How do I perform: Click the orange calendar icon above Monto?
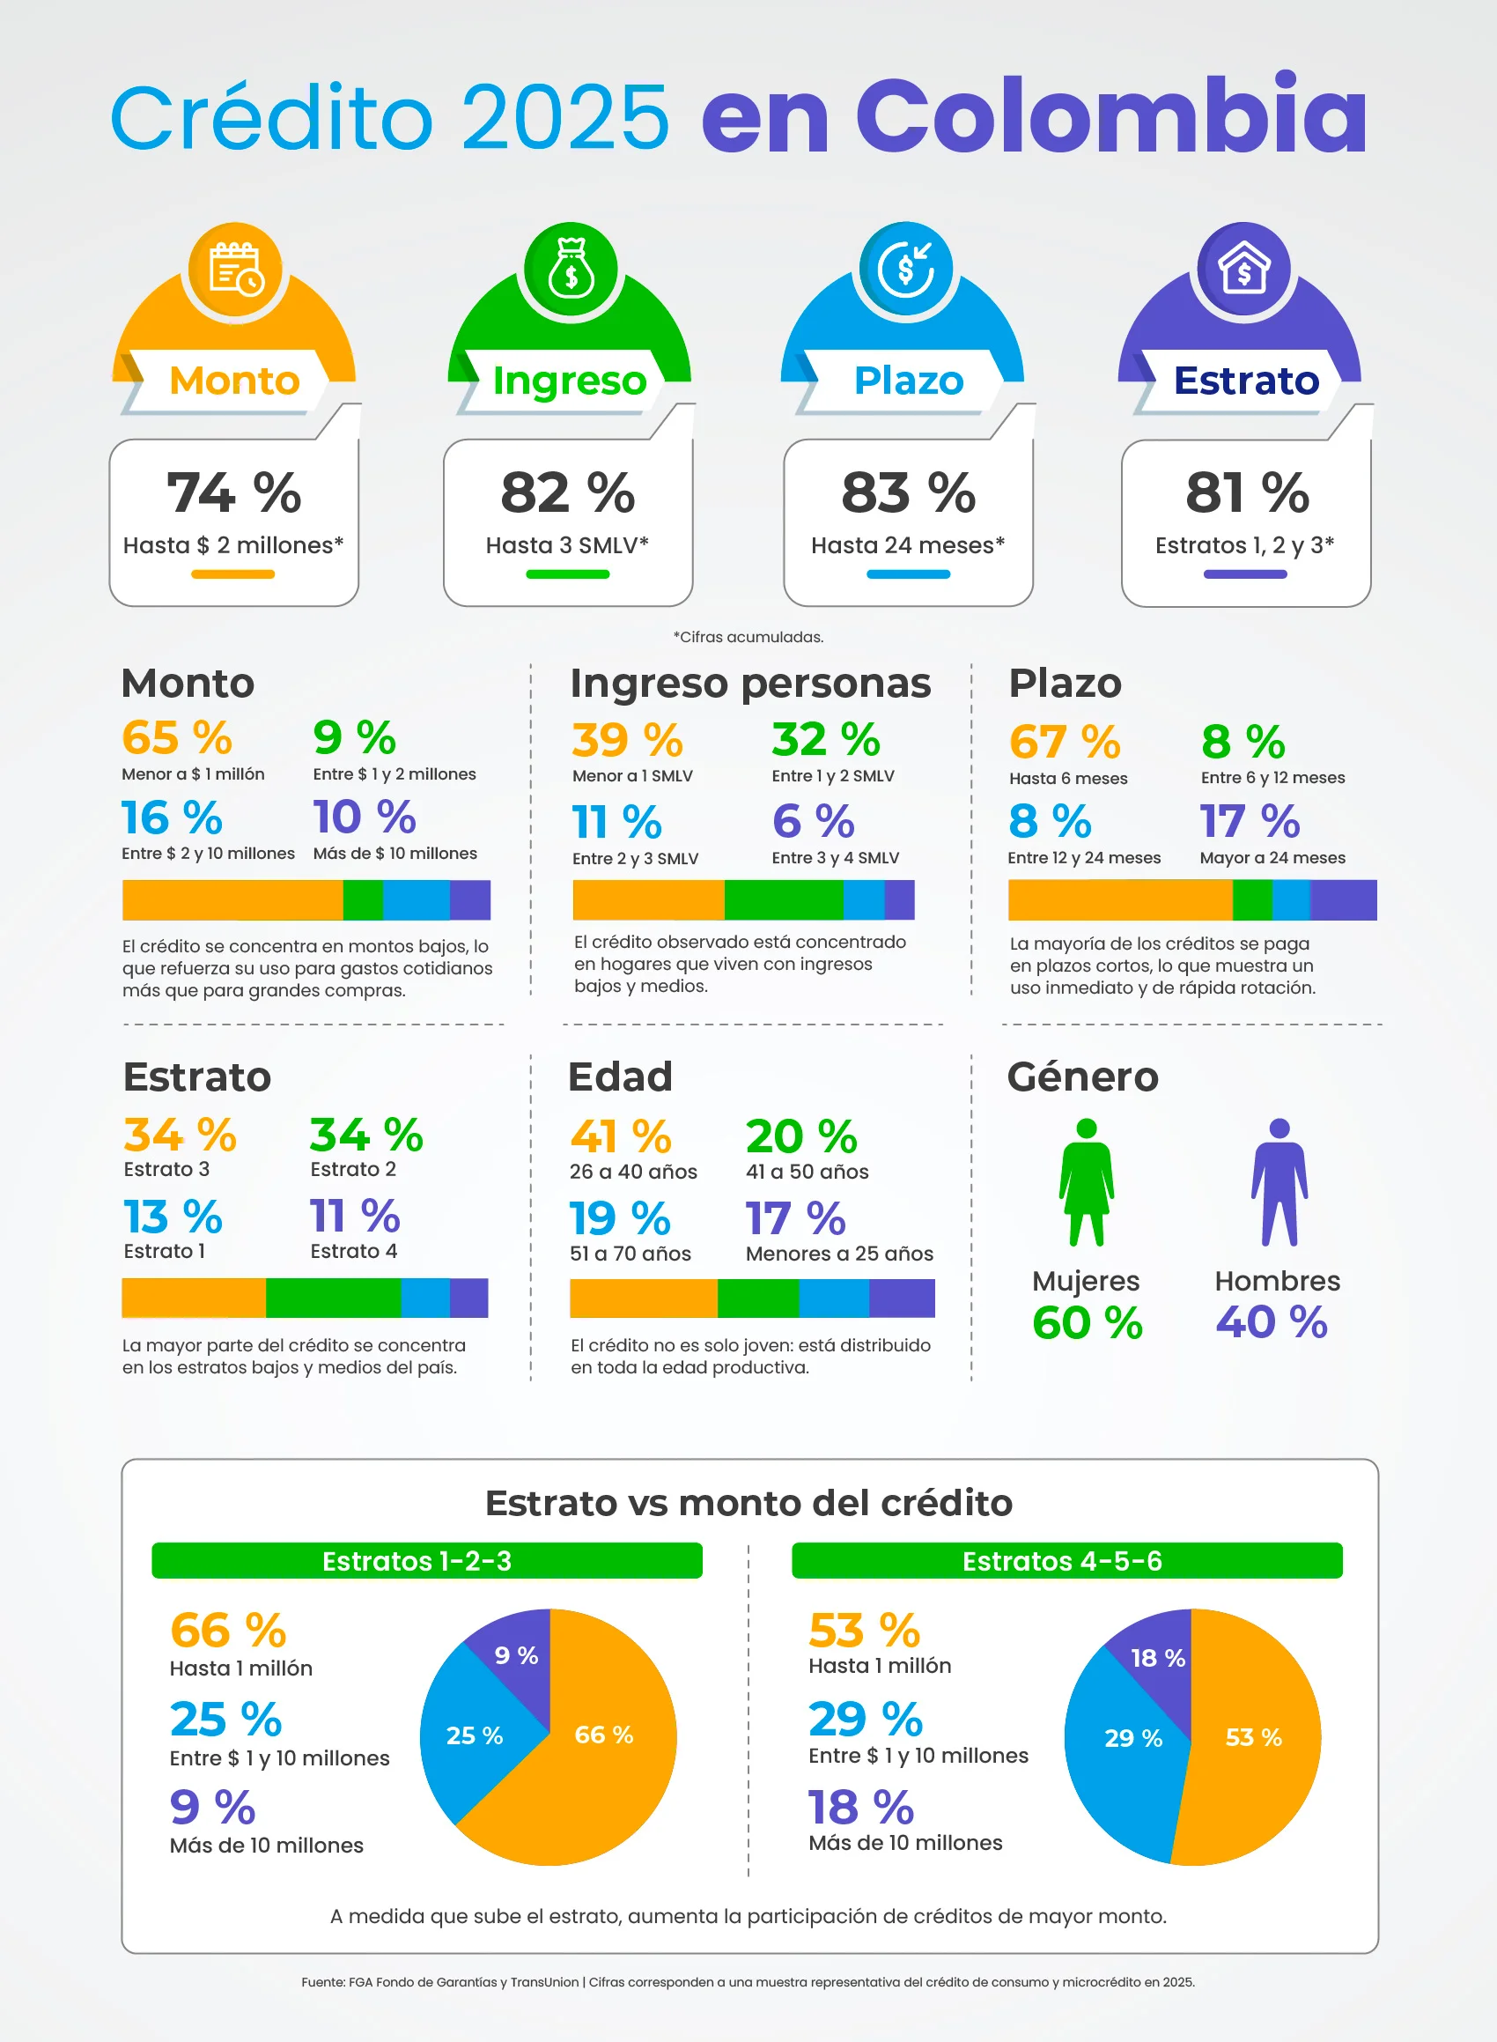[236, 270]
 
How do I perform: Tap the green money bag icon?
[571, 269]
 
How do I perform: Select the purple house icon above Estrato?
[1244, 268]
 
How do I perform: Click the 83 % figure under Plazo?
[908, 492]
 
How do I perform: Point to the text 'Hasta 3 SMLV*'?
[567, 544]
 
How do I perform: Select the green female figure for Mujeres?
[1087, 1182]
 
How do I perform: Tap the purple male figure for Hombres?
[1279, 1182]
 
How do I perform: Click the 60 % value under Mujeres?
[1088, 1322]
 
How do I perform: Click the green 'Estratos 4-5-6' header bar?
[1066, 1561]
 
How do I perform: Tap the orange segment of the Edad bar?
[644, 1298]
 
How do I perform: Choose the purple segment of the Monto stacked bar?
[470, 900]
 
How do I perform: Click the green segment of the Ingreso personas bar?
[784, 900]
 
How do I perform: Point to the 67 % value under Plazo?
[1065, 743]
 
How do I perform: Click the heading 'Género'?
[1083, 1076]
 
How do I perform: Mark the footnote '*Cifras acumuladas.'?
[748, 637]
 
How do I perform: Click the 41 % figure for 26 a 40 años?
[621, 1136]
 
